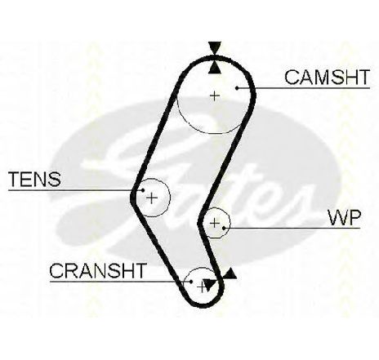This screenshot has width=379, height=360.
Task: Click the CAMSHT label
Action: (x=328, y=77)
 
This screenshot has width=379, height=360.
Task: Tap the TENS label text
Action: (x=35, y=179)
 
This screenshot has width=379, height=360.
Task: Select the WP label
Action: (x=345, y=218)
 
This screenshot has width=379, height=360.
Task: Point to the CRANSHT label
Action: (x=97, y=270)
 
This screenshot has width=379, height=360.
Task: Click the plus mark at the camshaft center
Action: (x=215, y=96)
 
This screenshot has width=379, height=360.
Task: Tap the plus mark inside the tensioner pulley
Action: (x=152, y=198)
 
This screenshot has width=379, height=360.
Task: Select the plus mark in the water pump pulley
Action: (x=215, y=223)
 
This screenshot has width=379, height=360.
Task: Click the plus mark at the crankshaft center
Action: (x=201, y=287)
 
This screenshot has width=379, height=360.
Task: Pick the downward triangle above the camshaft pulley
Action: (x=215, y=47)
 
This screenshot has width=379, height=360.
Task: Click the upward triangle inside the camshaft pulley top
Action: (x=215, y=68)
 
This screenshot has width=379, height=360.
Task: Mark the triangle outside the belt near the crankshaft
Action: (x=230, y=274)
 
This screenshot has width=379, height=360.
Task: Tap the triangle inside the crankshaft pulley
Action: (x=209, y=285)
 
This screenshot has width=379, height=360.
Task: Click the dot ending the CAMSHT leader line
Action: (x=237, y=88)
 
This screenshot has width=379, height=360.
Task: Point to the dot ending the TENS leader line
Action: (x=143, y=190)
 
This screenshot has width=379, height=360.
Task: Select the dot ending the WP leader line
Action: (x=224, y=228)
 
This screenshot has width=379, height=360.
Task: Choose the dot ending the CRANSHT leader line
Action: (x=191, y=282)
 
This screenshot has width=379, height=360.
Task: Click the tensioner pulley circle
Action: (x=170, y=198)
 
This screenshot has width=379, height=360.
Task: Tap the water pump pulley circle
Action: (x=230, y=223)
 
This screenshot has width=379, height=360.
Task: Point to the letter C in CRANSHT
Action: (x=56, y=270)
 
